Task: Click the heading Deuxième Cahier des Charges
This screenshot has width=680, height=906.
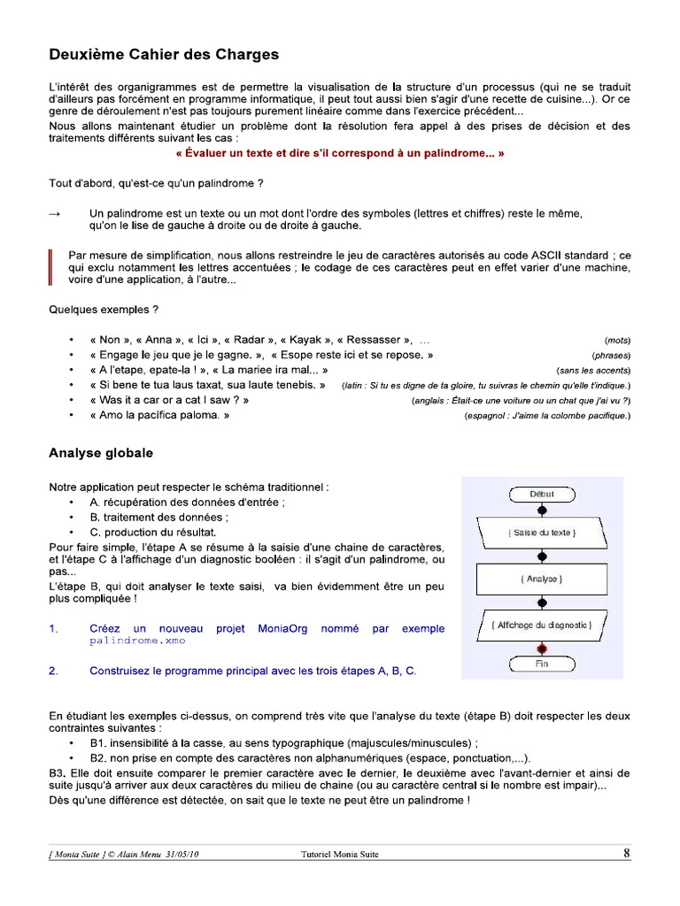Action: (x=164, y=55)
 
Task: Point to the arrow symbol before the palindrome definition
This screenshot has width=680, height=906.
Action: (x=55, y=214)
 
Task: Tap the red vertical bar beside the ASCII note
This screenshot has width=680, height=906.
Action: (x=50, y=267)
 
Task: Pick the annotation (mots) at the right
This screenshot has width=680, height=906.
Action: (x=617, y=341)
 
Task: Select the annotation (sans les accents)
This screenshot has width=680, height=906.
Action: (x=592, y=371)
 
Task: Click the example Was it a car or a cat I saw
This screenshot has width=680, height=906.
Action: (x=169, y=400)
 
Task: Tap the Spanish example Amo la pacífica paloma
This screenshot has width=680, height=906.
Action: (x=159, y=415)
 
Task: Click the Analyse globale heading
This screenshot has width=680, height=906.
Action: (x=100, y=453)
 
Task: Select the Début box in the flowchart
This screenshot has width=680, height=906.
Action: (x=542, y=495)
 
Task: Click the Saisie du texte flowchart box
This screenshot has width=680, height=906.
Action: (x=543, y=533)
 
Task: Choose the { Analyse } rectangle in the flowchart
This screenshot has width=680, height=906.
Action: (x=543, y=579)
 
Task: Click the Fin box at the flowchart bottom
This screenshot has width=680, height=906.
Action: (x=542, y=664)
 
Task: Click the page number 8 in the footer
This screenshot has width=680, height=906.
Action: (x=627, y=854)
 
